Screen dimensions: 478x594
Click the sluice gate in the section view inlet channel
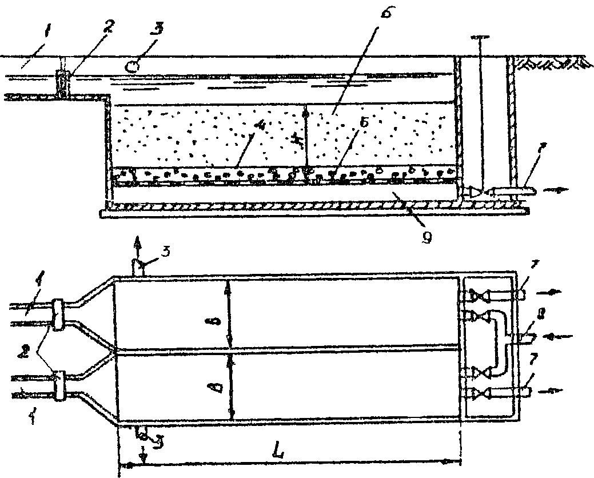63,84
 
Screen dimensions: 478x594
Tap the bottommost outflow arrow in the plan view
551,392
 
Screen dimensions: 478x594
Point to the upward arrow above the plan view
136,245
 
